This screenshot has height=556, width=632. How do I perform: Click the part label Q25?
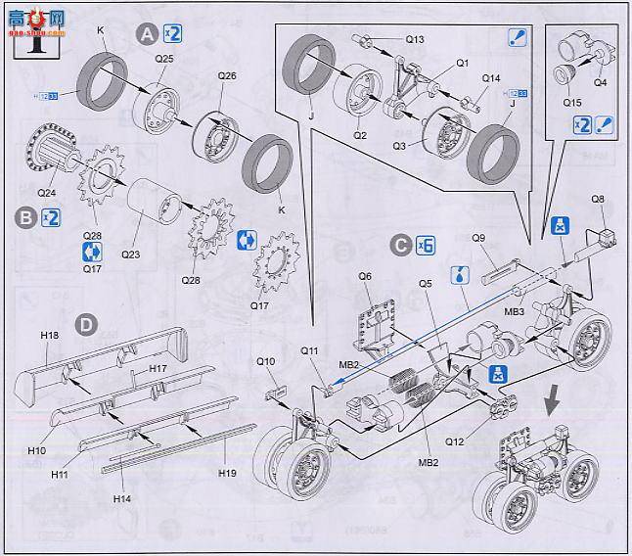pyautogui.click(x=164, y=60)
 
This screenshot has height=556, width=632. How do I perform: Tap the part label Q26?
pyautogui.click(x=227, y=75)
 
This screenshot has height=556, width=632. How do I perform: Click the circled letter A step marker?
pyautogui.click(x=147, y=34)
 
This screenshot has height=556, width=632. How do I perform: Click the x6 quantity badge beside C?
pyautogui.click(x=425, y=246)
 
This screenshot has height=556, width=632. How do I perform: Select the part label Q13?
pyautogui.click(x=414, y=40)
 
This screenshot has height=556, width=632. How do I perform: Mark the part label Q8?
pyautogui.click(x=598, y=200)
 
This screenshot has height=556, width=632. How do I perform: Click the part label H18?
pyautogui.click(x=50, y=336)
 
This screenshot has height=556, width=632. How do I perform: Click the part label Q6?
pyautogui.click(x=364, y=276)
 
